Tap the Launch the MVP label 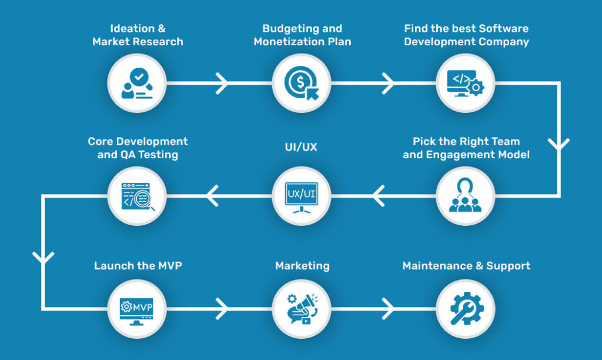138,266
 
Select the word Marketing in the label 302,266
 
